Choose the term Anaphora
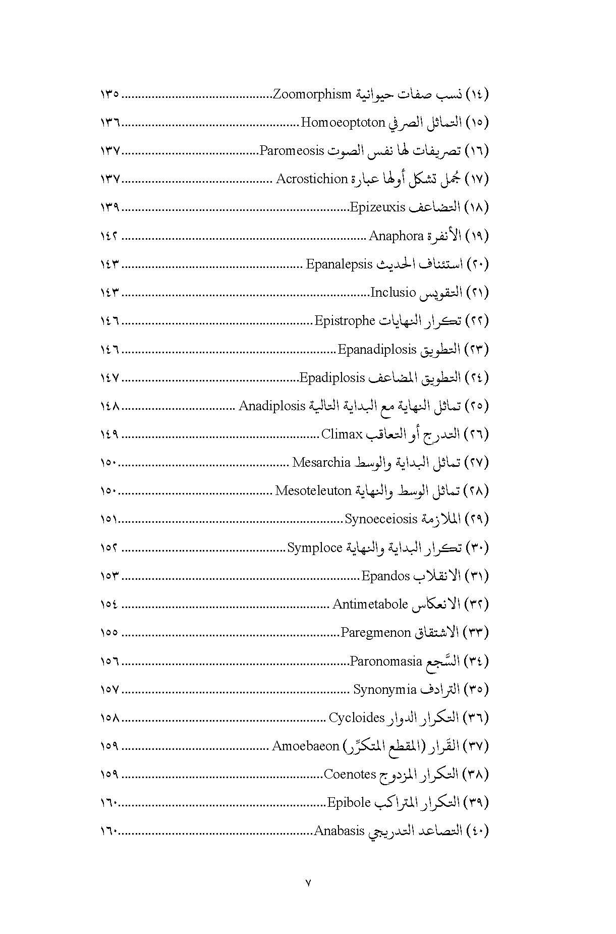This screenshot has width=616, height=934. (396, 236)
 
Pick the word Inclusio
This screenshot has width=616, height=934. (393, 292)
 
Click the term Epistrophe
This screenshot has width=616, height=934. (345, 320)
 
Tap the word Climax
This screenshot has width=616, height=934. (343, 434)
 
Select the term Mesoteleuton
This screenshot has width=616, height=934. (313, 490)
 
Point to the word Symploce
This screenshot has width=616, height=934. (315, 547)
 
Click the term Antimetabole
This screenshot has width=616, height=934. (370, 604)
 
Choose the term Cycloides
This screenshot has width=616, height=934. (357, 717)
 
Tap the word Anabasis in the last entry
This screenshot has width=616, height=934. (339, 831)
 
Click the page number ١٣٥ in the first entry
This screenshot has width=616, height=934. (109, 94)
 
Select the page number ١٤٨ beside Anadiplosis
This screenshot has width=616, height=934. (109, 406)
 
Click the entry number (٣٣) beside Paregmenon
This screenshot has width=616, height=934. (475, 632)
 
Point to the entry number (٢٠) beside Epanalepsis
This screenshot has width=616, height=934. (475, 264)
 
